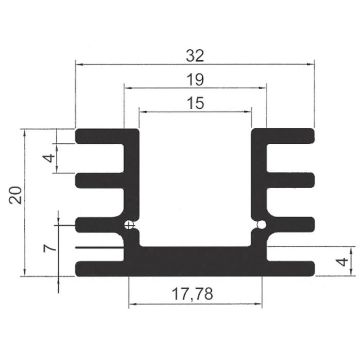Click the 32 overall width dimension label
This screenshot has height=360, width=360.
(x=195, y=55)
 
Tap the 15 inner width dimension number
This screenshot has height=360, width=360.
(x=195, y=103)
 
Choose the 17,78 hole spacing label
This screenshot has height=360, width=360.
(x=192, y=294)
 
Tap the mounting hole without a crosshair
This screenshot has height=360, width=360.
(x=261, y=225)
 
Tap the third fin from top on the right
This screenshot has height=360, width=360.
(x=292, y=224)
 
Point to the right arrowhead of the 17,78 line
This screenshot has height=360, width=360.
(x=259, y=305)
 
